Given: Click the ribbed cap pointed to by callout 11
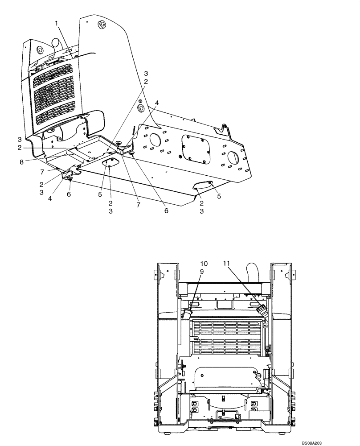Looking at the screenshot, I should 261,310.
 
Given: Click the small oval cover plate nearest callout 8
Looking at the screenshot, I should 110,164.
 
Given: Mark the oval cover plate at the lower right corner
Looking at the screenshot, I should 204,185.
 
